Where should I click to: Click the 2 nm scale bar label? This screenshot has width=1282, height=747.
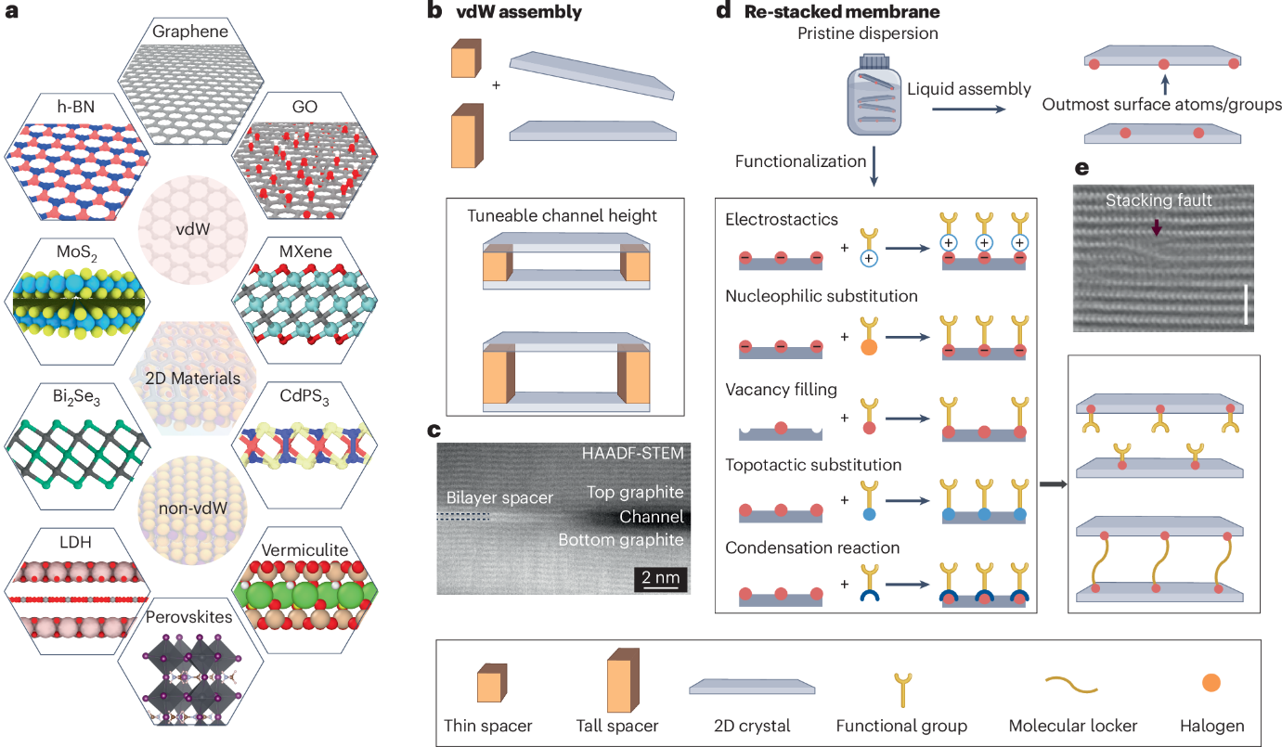[661, 580]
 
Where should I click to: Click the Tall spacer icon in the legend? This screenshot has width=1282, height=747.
[622, 683]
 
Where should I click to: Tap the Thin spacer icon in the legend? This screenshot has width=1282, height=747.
[489, 687]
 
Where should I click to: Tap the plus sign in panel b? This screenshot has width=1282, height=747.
[497, 84]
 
